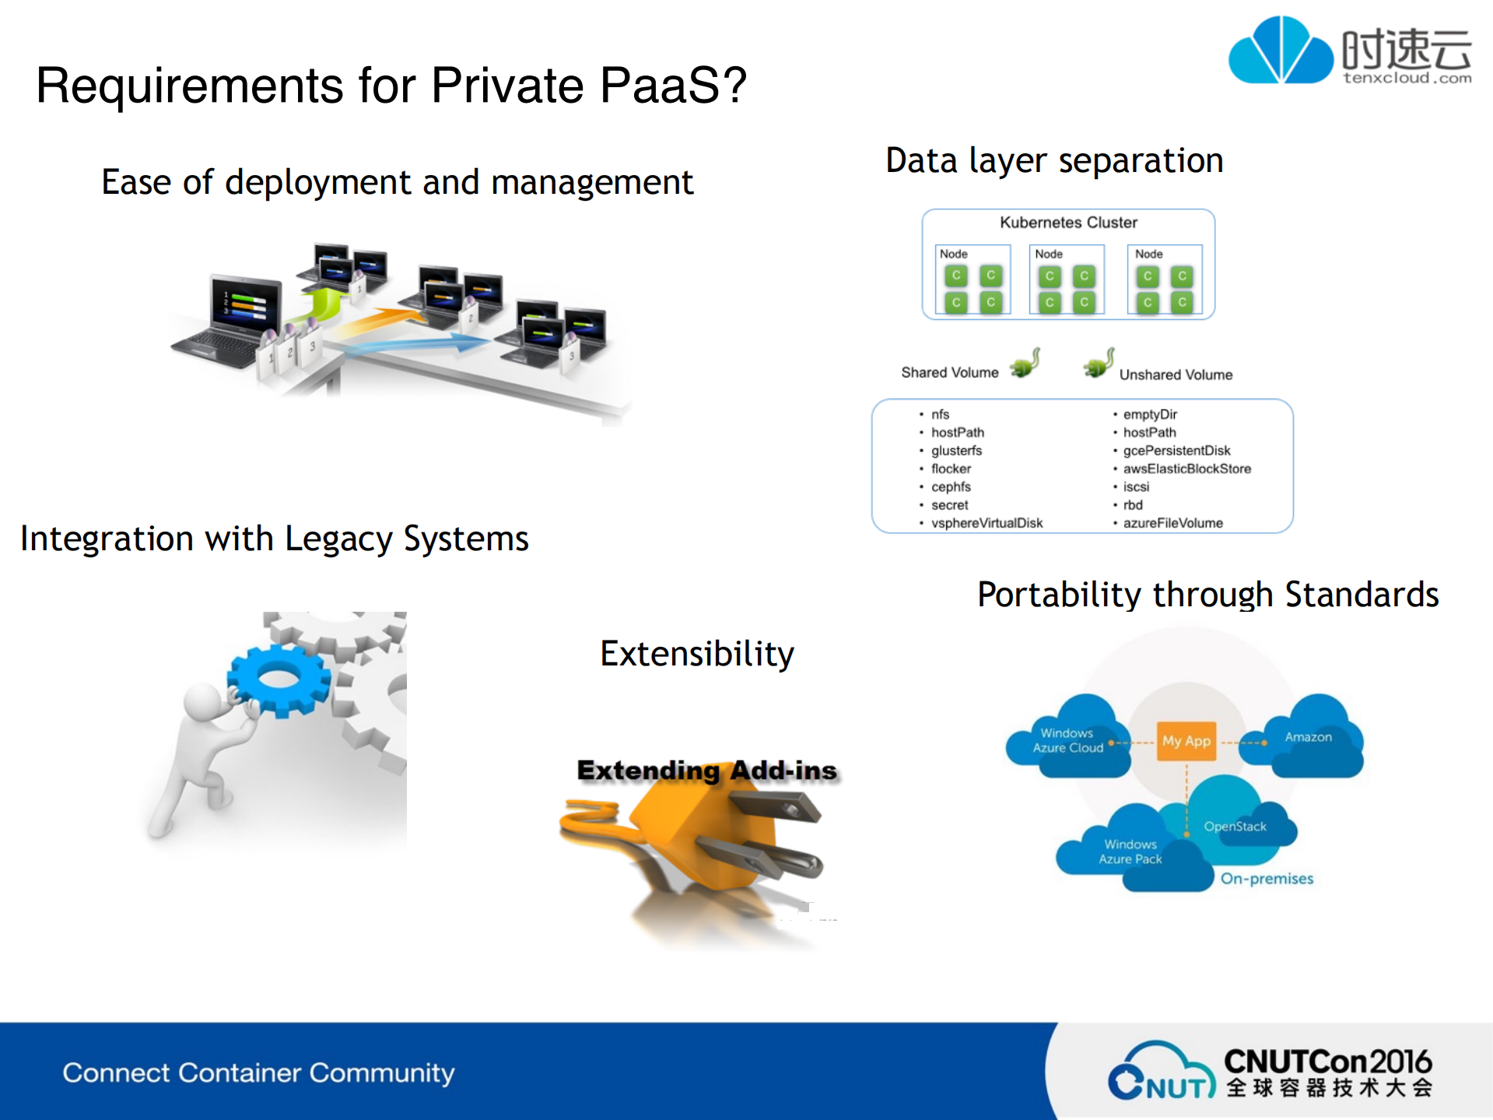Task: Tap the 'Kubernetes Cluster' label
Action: pyautogui.click(x=1068, y=223)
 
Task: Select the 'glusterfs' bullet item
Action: pyautogui.click(x=956, y=451)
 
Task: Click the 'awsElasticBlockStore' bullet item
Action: pyautogui.click(x=1186, y=469)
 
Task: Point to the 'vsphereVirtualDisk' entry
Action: pyautogui.click(x=987, y=523)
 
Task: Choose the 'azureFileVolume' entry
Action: pyautogui.click(x=1172, y=523)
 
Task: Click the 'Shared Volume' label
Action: pyautogui.click(x=949, y=373)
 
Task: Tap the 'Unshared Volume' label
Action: pyautogui.click(x=1176, y=375)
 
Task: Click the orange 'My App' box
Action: pyautogui.click(x=1186, y=741)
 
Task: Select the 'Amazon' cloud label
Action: pyautogui.click(x=1308, y=737)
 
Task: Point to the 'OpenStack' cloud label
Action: pyautogui.click(x=1235, y=827)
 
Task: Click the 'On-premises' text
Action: pyautogui.click(x=1267, y=879)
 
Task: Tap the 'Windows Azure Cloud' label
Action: pyautogui.click(x=1067, y=741)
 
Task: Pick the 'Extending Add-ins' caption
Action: pyautogui.click(x=706, y=771)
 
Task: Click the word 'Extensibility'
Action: pyautogui.click(x=697, y=654)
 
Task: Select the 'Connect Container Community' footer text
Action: pyautogui.click(x=258, y=1073)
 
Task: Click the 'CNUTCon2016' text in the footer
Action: pyautogui.click(x=1327, y=1062)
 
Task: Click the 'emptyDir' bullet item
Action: pyautogui.click(x=1149, y=415)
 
